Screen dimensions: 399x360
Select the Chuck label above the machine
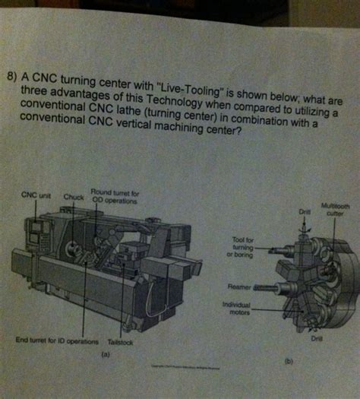pos(74,196)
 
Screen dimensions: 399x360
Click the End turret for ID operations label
pos(56,341)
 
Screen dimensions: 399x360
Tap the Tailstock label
pos(121,342)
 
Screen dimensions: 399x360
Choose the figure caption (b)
pos(288,363)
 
